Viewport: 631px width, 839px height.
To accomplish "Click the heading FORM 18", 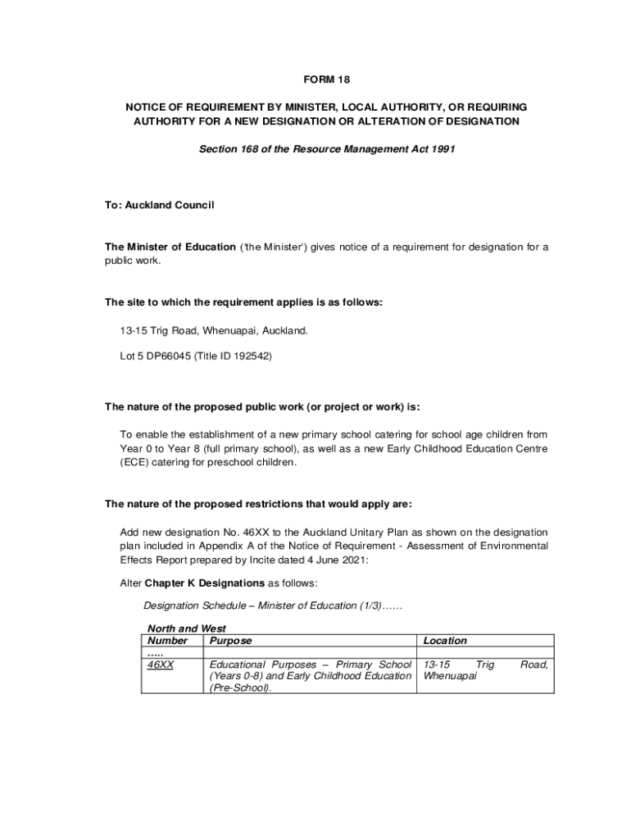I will coord(326,79).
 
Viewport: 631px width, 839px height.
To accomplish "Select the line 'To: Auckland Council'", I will coord(159,205).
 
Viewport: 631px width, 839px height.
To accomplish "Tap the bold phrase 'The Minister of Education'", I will coord(170,247).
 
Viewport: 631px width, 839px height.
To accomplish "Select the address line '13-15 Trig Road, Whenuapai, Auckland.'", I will coord(214,330).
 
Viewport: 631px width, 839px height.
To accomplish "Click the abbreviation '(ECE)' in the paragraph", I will coord(135,462).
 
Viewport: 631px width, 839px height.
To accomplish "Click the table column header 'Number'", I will coord(167,641).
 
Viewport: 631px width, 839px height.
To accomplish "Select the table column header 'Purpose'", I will coord(231,641).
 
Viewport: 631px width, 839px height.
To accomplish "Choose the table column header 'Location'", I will coord(445,641).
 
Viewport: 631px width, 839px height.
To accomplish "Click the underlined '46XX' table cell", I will coord(160,664).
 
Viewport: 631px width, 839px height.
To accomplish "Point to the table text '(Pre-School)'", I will coord(240,688).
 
